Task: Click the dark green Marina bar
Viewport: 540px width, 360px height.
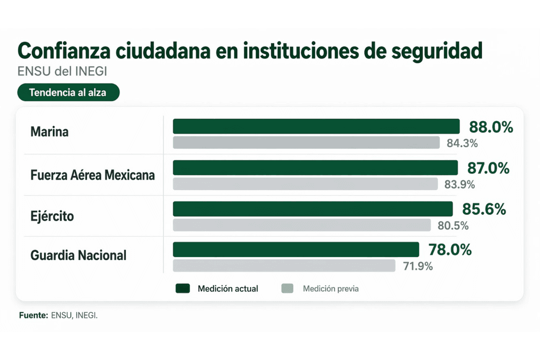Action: point(316,126)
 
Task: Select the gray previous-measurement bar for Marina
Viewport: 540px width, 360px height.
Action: point(306,142)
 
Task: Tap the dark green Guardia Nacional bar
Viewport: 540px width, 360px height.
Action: point(296,249)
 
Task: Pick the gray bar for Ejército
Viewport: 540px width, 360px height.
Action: point(301,225)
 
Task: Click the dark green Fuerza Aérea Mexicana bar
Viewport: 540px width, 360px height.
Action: point(315,167)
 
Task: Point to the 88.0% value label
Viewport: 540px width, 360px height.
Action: point(490,127)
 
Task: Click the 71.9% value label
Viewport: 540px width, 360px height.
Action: point(417,266)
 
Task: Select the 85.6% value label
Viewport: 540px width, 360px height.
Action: point(483,209)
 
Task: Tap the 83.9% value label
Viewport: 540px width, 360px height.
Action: point(459,184)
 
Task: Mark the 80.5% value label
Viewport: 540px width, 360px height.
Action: point(453,225)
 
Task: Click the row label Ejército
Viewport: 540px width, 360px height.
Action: point(52,216)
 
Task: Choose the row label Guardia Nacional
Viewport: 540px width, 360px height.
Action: point(78,255)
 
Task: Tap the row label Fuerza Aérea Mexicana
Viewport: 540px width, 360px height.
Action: point(92,175)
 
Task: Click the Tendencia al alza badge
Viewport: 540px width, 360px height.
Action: point(68,92)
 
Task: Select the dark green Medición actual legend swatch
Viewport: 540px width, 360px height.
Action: point(183,288)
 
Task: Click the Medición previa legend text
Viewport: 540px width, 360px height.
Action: point(330,288)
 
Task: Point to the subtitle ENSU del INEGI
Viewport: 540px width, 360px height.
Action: point(62,72)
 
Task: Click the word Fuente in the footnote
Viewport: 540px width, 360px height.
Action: point(33,315)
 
